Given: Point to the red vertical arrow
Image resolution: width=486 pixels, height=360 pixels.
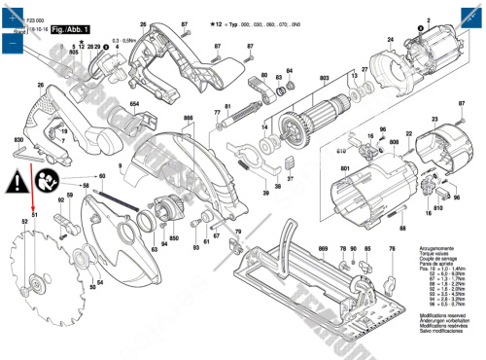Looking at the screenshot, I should [x=34, y=187].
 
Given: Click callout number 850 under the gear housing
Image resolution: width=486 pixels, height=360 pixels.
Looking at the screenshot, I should [x=174, y=238].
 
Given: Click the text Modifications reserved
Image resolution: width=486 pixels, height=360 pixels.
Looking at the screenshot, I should [x=442, y=317].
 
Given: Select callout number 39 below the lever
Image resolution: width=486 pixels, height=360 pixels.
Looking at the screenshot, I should [x=263, y=194].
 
